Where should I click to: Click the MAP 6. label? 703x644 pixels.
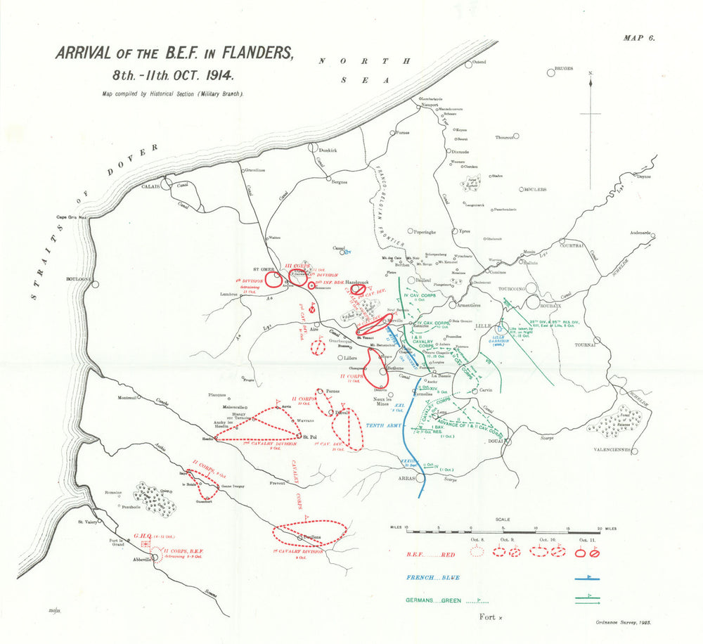(638, 39)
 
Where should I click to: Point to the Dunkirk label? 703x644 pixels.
(328, 150)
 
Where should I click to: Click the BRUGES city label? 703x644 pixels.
(563, 69)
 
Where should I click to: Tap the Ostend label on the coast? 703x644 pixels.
(479, 62)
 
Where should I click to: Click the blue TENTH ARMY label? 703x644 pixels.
(385, 426)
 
